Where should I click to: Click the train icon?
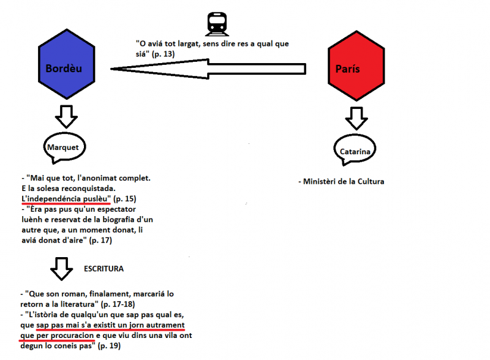(217, 24)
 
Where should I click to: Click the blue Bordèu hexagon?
(67, 64)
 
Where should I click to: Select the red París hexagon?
(356, 66)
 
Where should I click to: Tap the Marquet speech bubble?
(64, 148)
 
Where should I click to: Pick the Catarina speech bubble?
(355, 150)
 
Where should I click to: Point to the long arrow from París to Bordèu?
(208, 69)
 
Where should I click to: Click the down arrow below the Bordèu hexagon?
(66, 116)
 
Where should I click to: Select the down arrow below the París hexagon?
(356, 118)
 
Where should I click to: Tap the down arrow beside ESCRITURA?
(62, 269)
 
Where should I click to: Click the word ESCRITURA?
(104, 269)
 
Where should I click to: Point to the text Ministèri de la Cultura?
(341, 182)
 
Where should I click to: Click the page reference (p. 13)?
(163, 54)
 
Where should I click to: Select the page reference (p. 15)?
(125, 199)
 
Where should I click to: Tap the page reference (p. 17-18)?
(118, 304)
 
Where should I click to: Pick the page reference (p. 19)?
(109, 346)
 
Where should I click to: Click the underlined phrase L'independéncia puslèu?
(66, 199)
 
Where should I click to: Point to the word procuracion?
(72, 336)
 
